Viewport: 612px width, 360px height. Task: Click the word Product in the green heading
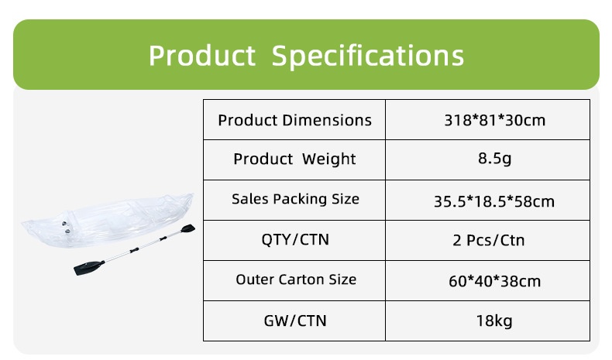pos(201,56)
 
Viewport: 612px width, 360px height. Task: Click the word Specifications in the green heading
pos(367,57)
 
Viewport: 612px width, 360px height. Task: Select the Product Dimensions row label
pos(294,120)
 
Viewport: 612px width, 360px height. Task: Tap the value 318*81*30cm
pos(494,120)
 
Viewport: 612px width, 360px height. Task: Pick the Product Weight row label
pos(294,159)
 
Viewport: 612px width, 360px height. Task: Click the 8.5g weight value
pos(494,159)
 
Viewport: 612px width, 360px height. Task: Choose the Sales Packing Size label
pos(295,199)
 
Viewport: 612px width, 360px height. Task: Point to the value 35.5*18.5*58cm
pos(494,201)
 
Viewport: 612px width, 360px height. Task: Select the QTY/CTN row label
pos(295,239)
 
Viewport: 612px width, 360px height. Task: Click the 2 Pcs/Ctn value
pos(488,240)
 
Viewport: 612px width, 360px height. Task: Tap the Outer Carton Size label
pos(296,279)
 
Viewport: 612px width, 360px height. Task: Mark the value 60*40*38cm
pos(494,281)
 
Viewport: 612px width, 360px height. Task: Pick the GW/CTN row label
pos(295,321)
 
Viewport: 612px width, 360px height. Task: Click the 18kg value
pos(494,321)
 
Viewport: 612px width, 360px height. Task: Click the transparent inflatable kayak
pos(108,221)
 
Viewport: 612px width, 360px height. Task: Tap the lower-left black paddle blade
pos(88,267)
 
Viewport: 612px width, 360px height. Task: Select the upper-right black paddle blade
pos(187,229)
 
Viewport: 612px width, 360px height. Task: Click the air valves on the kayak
pos(66,228)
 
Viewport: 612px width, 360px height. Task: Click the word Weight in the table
pos(328,159)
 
